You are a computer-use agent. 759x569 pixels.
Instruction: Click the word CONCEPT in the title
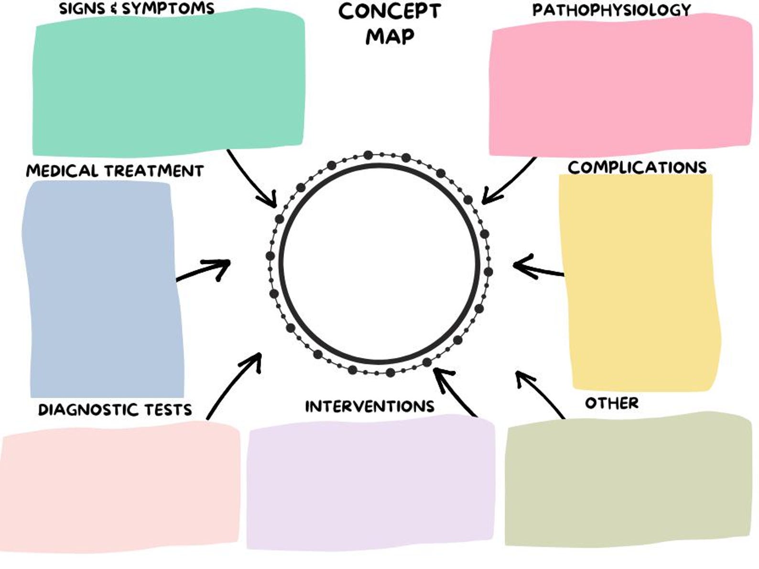(x=389, y=11)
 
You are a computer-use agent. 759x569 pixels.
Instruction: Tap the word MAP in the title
(x=390, y=36)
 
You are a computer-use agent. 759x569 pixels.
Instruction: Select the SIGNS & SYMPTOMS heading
(x=137, y=8)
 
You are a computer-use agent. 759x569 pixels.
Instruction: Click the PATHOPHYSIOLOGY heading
(x=612, y=10)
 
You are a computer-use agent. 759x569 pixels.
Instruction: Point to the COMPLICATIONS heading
(x=637, y=167)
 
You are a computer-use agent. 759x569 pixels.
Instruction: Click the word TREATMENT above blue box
(x=154, y=171)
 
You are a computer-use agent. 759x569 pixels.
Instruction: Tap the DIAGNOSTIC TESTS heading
(x=115, y=409)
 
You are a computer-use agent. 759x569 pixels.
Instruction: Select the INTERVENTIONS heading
(x=369, y=406)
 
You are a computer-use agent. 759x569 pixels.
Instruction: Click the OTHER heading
(x=611, y=403)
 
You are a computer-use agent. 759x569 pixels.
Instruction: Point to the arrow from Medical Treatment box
(x=203, y=270)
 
